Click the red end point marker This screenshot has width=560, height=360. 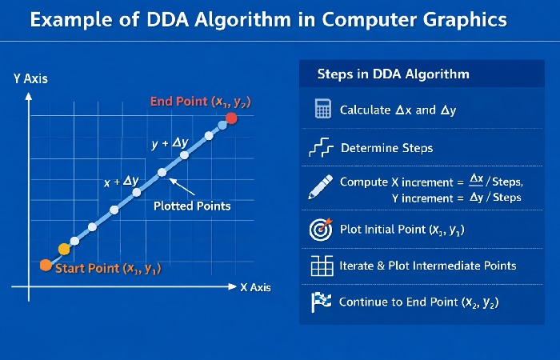pyautogui.click(x=230, y=118)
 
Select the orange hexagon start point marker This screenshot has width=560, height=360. pyautogui.click(x=46, y=265)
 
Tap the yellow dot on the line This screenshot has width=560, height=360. pyautogui.click(x=65, y=249)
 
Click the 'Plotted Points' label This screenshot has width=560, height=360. pyautogui.click(x=192, y=206)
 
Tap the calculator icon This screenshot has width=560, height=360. pyautogui.click(x=322, y=110)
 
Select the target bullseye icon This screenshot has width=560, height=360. pyautogui.click(x=321, y=230)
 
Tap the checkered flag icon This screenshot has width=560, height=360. pyautogui.click(x=321, y=302)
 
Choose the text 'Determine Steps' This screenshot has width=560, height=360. pyautogui.click(x=386, y=148)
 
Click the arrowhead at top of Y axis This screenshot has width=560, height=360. pyautogui.click(x=29, y=95)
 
